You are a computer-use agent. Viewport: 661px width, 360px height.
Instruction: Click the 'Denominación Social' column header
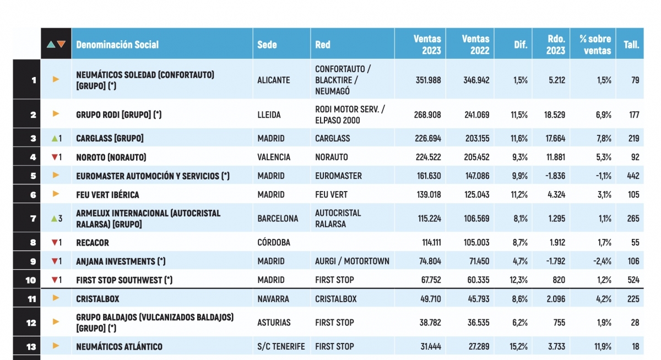117,45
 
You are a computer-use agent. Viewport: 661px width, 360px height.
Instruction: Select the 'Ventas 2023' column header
427,45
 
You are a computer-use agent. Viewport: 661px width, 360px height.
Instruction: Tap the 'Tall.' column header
631,45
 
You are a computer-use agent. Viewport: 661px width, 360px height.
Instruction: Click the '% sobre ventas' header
595,45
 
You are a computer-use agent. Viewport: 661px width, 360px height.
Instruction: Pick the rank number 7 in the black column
34,219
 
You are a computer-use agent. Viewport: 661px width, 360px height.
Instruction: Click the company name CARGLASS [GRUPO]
110,138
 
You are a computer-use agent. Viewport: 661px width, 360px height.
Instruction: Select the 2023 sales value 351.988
427,80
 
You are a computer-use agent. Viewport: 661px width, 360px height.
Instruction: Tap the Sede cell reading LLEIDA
269,115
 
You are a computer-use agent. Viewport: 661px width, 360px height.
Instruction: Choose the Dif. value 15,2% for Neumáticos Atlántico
518,346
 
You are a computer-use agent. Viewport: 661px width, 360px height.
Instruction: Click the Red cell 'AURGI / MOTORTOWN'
352,261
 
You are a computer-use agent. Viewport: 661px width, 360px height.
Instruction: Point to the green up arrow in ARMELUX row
54,219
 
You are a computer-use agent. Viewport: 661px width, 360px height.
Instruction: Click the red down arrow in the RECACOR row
54,243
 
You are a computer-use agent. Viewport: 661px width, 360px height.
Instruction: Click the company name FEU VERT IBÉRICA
107,195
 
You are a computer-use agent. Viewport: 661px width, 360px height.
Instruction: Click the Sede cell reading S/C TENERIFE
281,346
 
